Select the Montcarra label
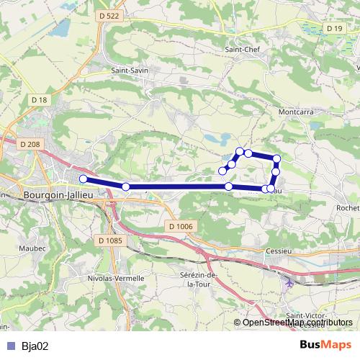294,112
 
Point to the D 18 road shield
39,99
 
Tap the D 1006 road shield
181,226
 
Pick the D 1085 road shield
111,240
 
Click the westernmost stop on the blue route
83,179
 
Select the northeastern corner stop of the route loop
276,158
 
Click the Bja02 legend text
35,346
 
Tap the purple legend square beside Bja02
10,346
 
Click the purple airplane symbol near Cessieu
290,281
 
